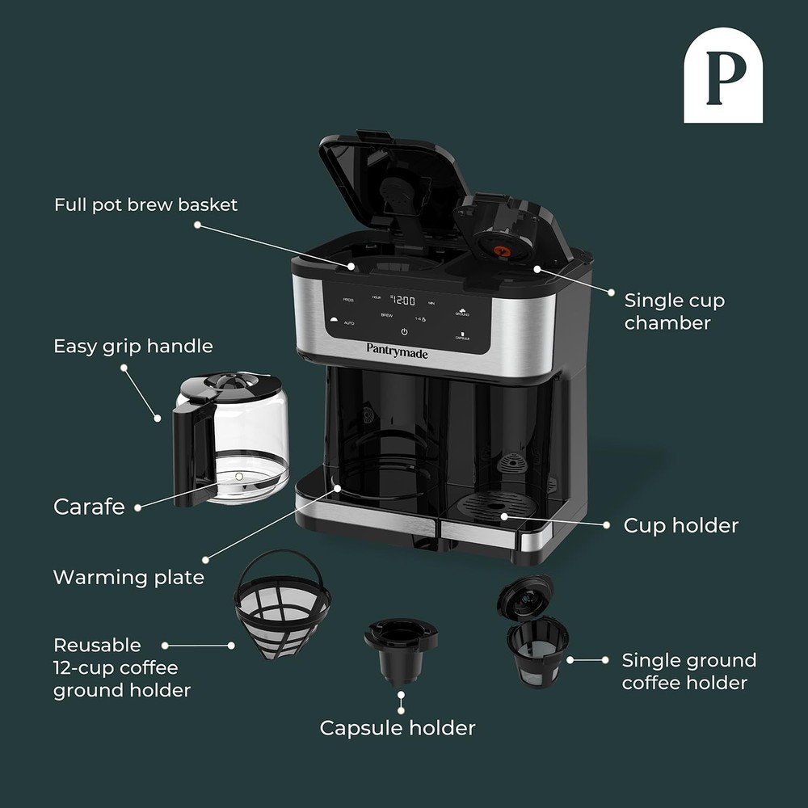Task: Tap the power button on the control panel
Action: point(404,331)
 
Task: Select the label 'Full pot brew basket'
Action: point(146,204)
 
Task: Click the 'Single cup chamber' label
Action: point(674,312)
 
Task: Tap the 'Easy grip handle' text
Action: point(133,346)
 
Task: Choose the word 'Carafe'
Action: point(89,507)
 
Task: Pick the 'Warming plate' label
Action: point(128,577)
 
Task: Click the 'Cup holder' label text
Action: point(680,525)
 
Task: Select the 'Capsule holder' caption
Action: point(398,727)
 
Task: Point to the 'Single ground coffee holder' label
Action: point(688,671)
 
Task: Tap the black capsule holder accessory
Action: point(400,651)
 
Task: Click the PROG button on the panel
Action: point(348,300)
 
